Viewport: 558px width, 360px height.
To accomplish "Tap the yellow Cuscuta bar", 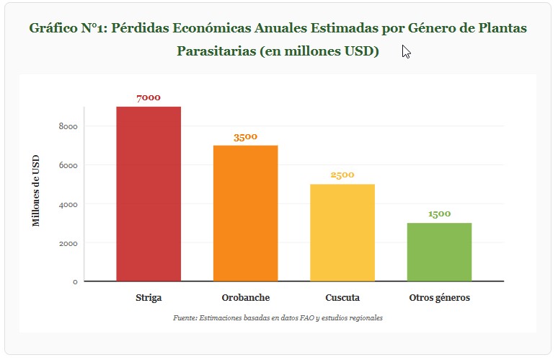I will pyautogui.click(x=342, y=232).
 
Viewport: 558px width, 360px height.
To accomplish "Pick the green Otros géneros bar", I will pyautogui.click(x=439, y=252).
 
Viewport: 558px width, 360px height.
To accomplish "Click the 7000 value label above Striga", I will pyautogui.click(x=149, y=97).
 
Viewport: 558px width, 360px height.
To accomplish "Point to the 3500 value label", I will pyautogui.click(x=245, y=136).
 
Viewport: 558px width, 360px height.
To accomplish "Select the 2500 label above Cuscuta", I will pyautogui.click(x=342, y=175).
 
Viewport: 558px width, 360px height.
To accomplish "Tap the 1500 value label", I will pyautogui.click(x=439, y=214).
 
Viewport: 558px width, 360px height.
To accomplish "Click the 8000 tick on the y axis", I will pyautogui.click(x=68, y=126).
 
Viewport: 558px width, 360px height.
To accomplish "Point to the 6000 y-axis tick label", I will pyautogui.click(x=68, y=165).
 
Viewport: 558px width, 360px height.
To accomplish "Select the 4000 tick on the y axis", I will pyautogui.click(x=68, y=204).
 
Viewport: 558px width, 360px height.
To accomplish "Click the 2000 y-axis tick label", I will pyautogui.click(x=68, y=243).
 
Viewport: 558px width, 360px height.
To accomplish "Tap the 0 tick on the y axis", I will pyautogui.click(x=74, y=281).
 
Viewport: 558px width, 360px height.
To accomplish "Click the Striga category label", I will pyautogui.click(x=149, y=297).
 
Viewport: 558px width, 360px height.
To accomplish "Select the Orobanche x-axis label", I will pyautogui.click(x=245, y=297).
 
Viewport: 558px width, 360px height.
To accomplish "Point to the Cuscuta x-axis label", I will pyautogui.click(x=342, y=297).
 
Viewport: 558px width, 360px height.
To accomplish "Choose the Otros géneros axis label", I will pyautogui.click(x=439, y=297).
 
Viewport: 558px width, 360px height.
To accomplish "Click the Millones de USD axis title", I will pyautogui.click(x=36, y=190).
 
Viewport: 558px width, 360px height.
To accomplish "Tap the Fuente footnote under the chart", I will pyautogui.click(x=278, y=317).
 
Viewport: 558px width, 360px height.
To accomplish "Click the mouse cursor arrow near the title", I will pyautogui.click(x=406, y=52).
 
